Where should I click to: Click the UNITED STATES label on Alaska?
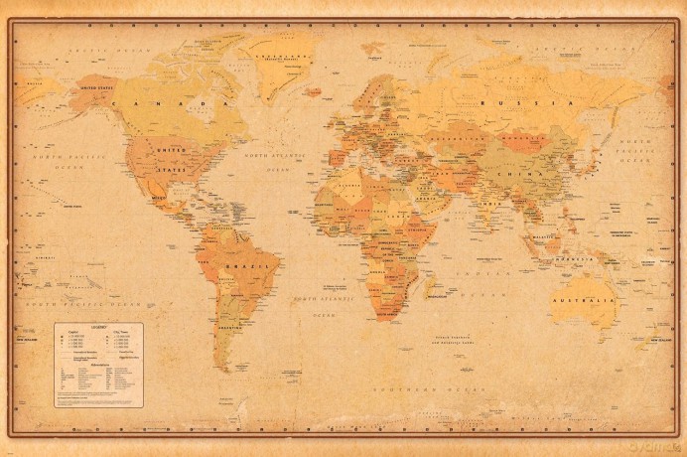tap(96, 87)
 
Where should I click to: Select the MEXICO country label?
tap(162, 198)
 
